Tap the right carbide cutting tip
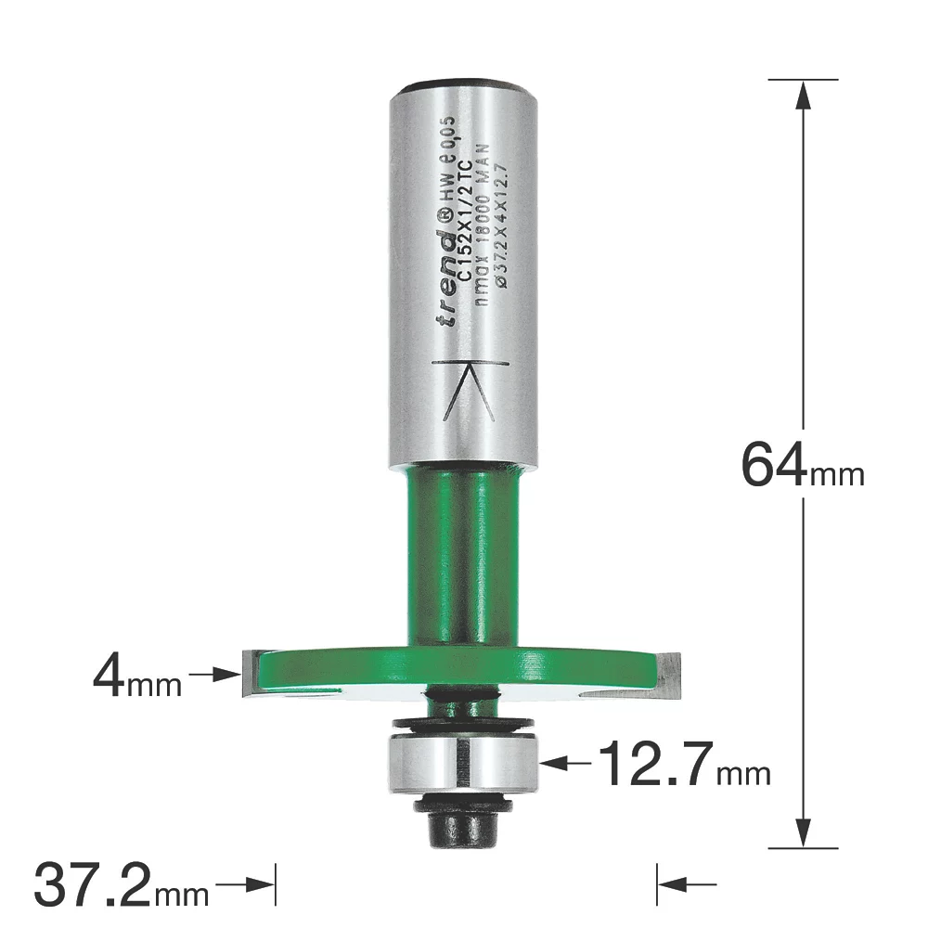click(x=672, y=673)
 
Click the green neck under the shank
click(x=461, y=557)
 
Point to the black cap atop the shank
click(x=461, y=84)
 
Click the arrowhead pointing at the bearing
click(x=551, y=764)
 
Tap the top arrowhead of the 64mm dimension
click(x=804, y=94)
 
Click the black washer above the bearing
click(x=461, y=722)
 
